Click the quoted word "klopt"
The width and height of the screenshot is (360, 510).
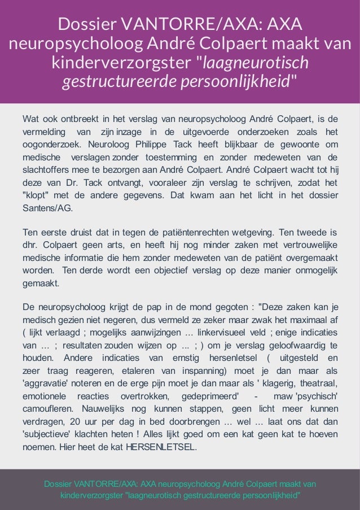[34, 195]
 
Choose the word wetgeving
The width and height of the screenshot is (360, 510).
[252, 232]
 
